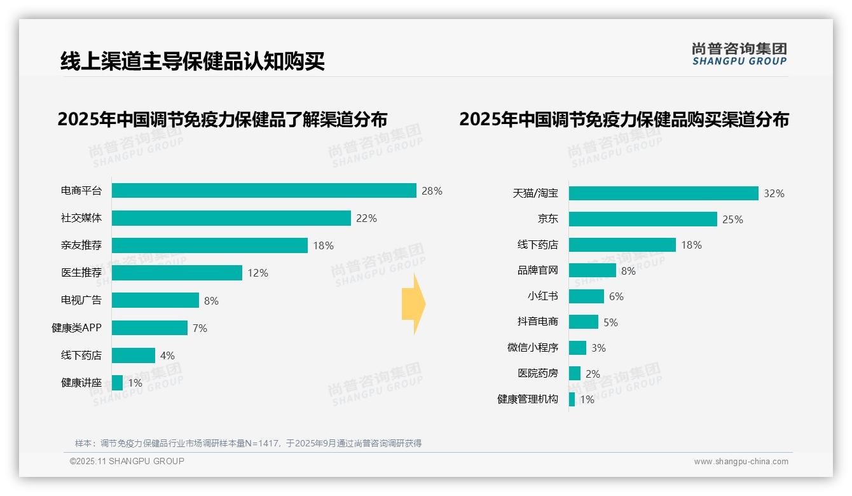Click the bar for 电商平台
pos(264,191)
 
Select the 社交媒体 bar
pos(231,218)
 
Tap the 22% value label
pos(366,218)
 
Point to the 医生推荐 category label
pos(81,273)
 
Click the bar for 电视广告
pos(156,300)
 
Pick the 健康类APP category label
pos(76,328)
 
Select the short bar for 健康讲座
pos(118,383)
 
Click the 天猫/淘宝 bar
pos(663,193)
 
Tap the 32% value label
pos(774,193)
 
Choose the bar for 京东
pos(643,219)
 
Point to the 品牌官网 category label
pos(537,270)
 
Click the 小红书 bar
pos(586,296)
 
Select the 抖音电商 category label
pos(537,322)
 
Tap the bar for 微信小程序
pos(577,348)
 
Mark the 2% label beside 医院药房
pos(593,374)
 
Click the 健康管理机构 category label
pos(527,399)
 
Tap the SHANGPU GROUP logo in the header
pos(739,54)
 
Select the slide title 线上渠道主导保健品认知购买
pos(193,61)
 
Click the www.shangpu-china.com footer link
pos(741,462)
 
